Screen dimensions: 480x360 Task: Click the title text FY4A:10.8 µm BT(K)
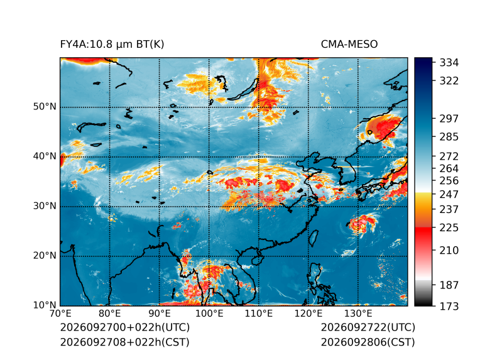(x=112, y=45)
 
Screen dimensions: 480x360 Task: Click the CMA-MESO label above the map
(x=349, y=45)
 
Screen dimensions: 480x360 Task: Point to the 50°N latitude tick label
(x=45, y=107)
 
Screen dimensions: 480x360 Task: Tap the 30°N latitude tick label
(x=45, y=205)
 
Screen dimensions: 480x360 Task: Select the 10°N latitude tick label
(x=45, y=305)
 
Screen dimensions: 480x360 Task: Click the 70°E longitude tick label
(x=60, y=314)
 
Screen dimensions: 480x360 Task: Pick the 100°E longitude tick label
(x=209, y=314)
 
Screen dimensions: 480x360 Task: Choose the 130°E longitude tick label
(x=358, y=314)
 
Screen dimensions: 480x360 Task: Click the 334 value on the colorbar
(x=449, y=63)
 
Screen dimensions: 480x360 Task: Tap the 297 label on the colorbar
(x=449, y=119)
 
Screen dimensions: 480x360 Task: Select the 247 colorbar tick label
(x=449, y=194)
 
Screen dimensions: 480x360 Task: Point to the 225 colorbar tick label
(x=449, y=228)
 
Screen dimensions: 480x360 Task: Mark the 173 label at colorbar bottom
(x=449, y=306)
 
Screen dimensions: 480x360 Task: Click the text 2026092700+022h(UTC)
(x=125, y=327)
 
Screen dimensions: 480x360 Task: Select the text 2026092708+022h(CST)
(x=125, y=342)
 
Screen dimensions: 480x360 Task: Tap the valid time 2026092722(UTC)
(x=368, y=327)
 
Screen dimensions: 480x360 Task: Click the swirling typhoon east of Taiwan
(x=362, y=224)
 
